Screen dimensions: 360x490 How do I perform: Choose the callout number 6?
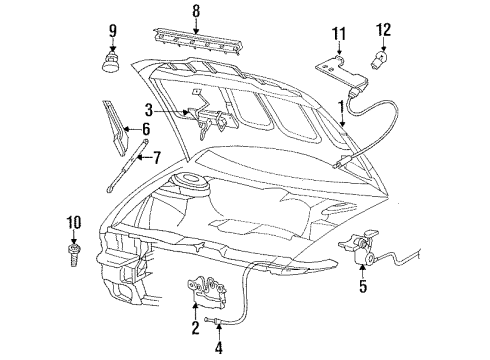pos(146,129)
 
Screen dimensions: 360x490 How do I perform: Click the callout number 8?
pos(196,13)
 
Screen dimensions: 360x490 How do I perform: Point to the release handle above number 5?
pos(367,256)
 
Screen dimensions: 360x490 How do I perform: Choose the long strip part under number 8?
pos(196,46)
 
